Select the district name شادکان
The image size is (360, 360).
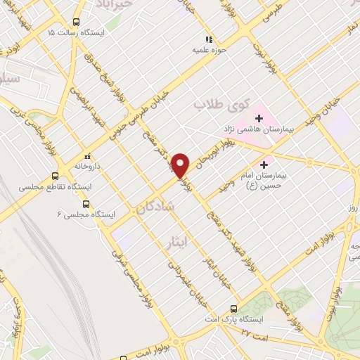(148, 208)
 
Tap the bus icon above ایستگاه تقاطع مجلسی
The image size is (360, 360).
(56, 176)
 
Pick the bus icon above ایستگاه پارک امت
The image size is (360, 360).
(234, 307)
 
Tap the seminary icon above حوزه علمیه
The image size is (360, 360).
(207, 39)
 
